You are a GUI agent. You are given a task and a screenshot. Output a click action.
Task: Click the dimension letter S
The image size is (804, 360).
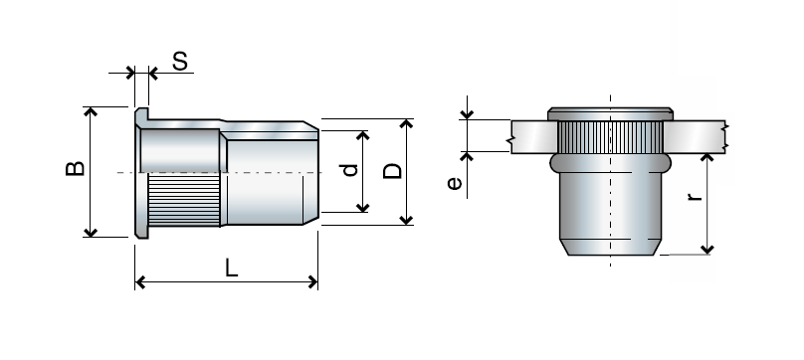[x=180, y=62]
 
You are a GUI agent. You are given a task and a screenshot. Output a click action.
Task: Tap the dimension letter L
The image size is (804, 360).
[x=231, y=267]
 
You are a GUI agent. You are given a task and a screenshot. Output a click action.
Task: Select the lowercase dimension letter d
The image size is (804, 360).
[x=348, y=170]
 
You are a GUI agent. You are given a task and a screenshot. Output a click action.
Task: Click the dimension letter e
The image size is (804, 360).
[x=454, y=183]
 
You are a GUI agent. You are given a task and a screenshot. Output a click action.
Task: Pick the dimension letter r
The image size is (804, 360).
[x=695, y=195]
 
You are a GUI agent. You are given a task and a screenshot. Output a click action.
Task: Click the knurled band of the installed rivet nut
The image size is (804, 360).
[x=609, y=134]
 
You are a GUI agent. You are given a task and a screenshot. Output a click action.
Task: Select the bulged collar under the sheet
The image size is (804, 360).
[x=609, y=160]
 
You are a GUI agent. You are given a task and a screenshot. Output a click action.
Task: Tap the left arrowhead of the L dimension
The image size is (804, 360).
[x=140, y=283]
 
